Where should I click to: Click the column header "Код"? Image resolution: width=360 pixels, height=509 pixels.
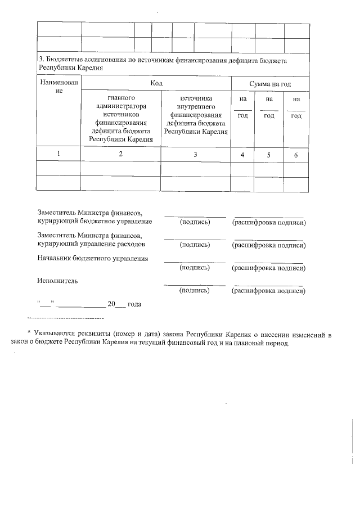pyautogui.click(x=156, y=83)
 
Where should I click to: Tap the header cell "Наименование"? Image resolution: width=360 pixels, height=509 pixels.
pyautogui.click(x=59, y=87)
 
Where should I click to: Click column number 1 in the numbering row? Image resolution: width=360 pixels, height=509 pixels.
pyautogui.click(x=59, y=155)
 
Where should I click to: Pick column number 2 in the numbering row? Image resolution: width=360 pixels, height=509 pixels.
pyautogui.click(x=121, y=155)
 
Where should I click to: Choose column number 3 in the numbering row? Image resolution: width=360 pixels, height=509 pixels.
pyautogui.click(x=196, y=155)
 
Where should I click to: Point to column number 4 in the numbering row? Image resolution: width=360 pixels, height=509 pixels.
pyautogui.click(x=242, y=155)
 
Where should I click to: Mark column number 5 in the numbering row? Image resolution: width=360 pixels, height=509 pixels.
pyautogui.click(x=269, y=155)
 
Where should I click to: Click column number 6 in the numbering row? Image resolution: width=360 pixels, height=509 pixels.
pyautogui.click(x=296, y=155)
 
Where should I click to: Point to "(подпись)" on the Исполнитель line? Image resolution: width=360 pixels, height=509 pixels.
pyautogui.click(x=195, y=290)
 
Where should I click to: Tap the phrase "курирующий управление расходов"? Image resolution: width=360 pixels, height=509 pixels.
pyautogui.click(x=91, y=245)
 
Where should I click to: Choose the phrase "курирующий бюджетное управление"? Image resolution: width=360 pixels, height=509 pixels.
pyautogui.click(x=94, y=222)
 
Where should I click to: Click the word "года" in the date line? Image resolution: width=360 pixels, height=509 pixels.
pyautogui.click(x=134, y=304)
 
